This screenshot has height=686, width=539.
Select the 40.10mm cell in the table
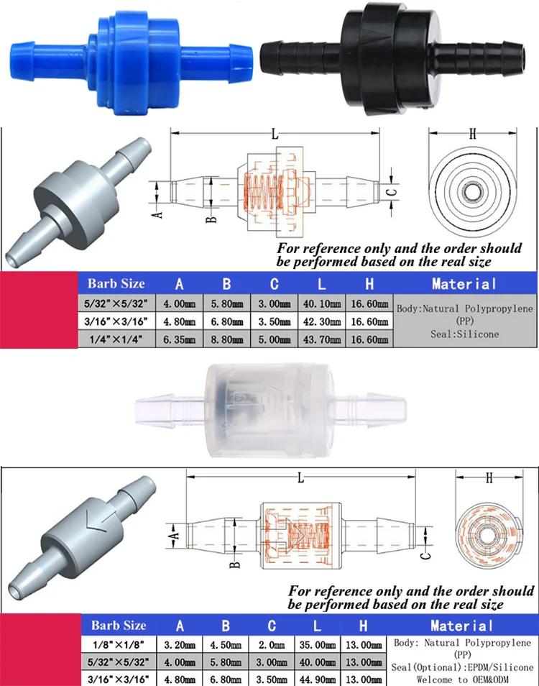click(x=322, y=304)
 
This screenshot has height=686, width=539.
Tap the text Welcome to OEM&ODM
click(x=462, y=679)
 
